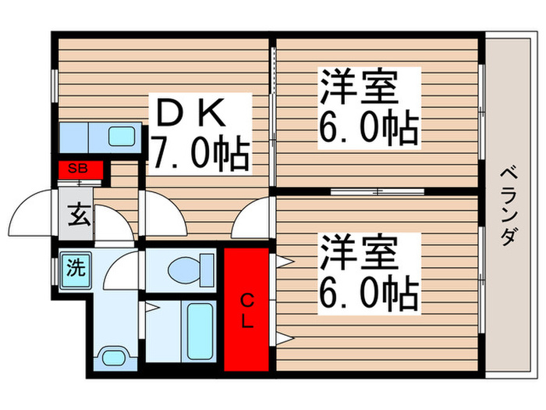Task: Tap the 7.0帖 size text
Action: [x=200, y=152]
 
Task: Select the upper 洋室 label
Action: [x=368, y=87]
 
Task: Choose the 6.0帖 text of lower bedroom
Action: [x=368, y=295]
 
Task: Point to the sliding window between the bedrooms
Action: [x=377, y=191]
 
